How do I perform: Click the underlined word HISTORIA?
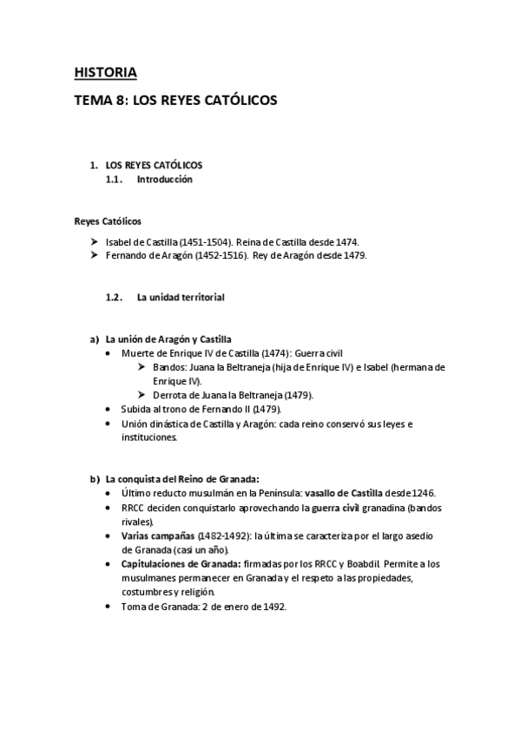tap(105, 72)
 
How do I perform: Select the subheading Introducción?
tap(164, 180)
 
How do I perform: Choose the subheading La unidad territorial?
tap(181, 297)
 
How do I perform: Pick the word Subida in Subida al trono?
tap(136, 409)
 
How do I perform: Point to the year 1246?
tap(421, 493)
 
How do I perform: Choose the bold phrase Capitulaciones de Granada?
tap(182, 564)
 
